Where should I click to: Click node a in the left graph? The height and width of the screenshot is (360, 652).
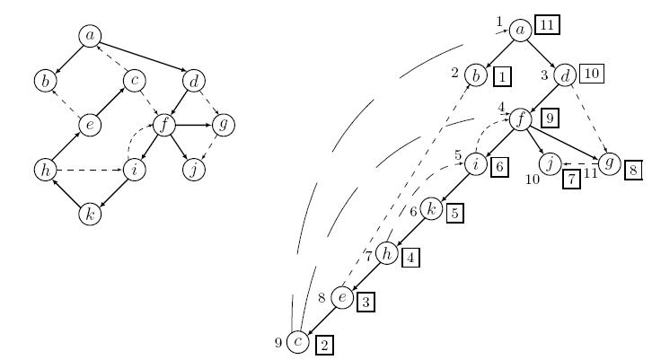(x=90, y=35)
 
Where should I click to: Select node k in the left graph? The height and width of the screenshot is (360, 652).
(x=90, y=214)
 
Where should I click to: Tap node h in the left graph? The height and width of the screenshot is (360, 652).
(x=45, y=169)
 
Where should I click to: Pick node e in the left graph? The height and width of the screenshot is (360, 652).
(x=90, y=125)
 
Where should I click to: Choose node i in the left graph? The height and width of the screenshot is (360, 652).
(x=135, y=169)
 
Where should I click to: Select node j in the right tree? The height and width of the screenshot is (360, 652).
(x=550, y=163)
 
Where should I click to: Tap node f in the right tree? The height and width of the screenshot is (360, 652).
(x=521, y=119)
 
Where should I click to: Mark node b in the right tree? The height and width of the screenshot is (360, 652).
(x=476, y=75)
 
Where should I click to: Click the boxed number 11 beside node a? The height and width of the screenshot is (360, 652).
(x=547, y=25)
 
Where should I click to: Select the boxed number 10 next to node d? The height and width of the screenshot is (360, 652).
(x=591, y=74)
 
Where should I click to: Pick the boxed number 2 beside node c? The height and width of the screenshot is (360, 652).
(x=325, y=345)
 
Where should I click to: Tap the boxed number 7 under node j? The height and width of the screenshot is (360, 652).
(x=572, y=180)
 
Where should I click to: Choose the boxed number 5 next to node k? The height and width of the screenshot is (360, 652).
(x=455, y=214)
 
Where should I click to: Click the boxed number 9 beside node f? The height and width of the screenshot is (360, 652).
(x=551, y=119)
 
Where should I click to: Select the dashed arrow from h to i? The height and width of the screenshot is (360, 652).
(x=90, y=169)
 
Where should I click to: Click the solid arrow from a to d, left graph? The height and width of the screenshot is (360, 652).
(x=141, y=57)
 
